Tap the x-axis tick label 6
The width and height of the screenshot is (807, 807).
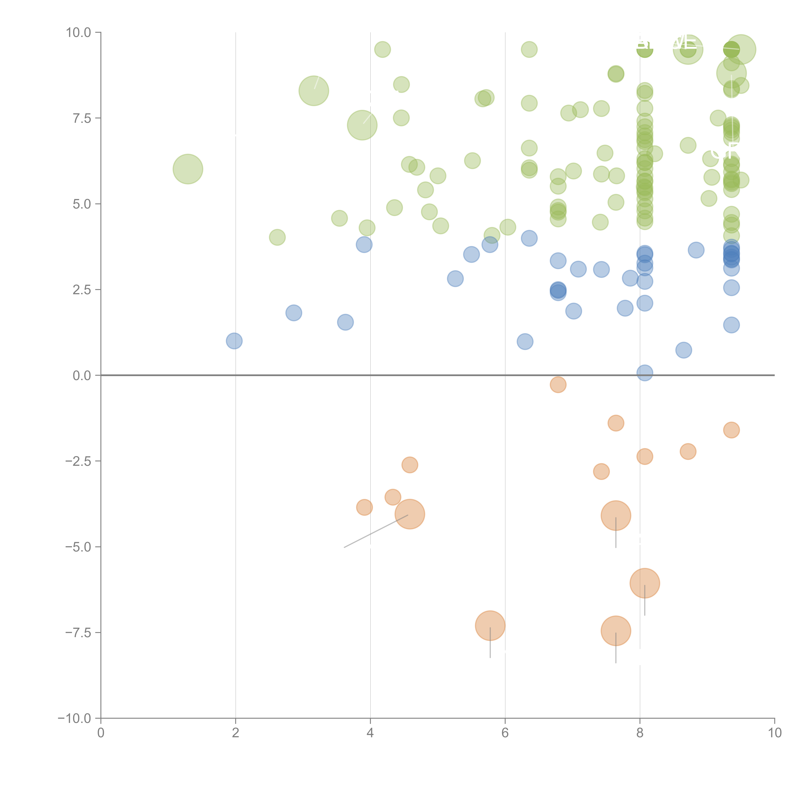505,733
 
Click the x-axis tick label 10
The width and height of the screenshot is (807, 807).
774,733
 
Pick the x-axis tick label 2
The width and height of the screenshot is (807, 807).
236,733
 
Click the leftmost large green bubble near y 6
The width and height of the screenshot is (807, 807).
188,169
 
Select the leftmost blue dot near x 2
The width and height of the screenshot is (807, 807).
234,341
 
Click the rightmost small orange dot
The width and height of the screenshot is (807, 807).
731,430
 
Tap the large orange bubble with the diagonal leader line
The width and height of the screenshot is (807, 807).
410,514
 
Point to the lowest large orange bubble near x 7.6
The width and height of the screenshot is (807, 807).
616,631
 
